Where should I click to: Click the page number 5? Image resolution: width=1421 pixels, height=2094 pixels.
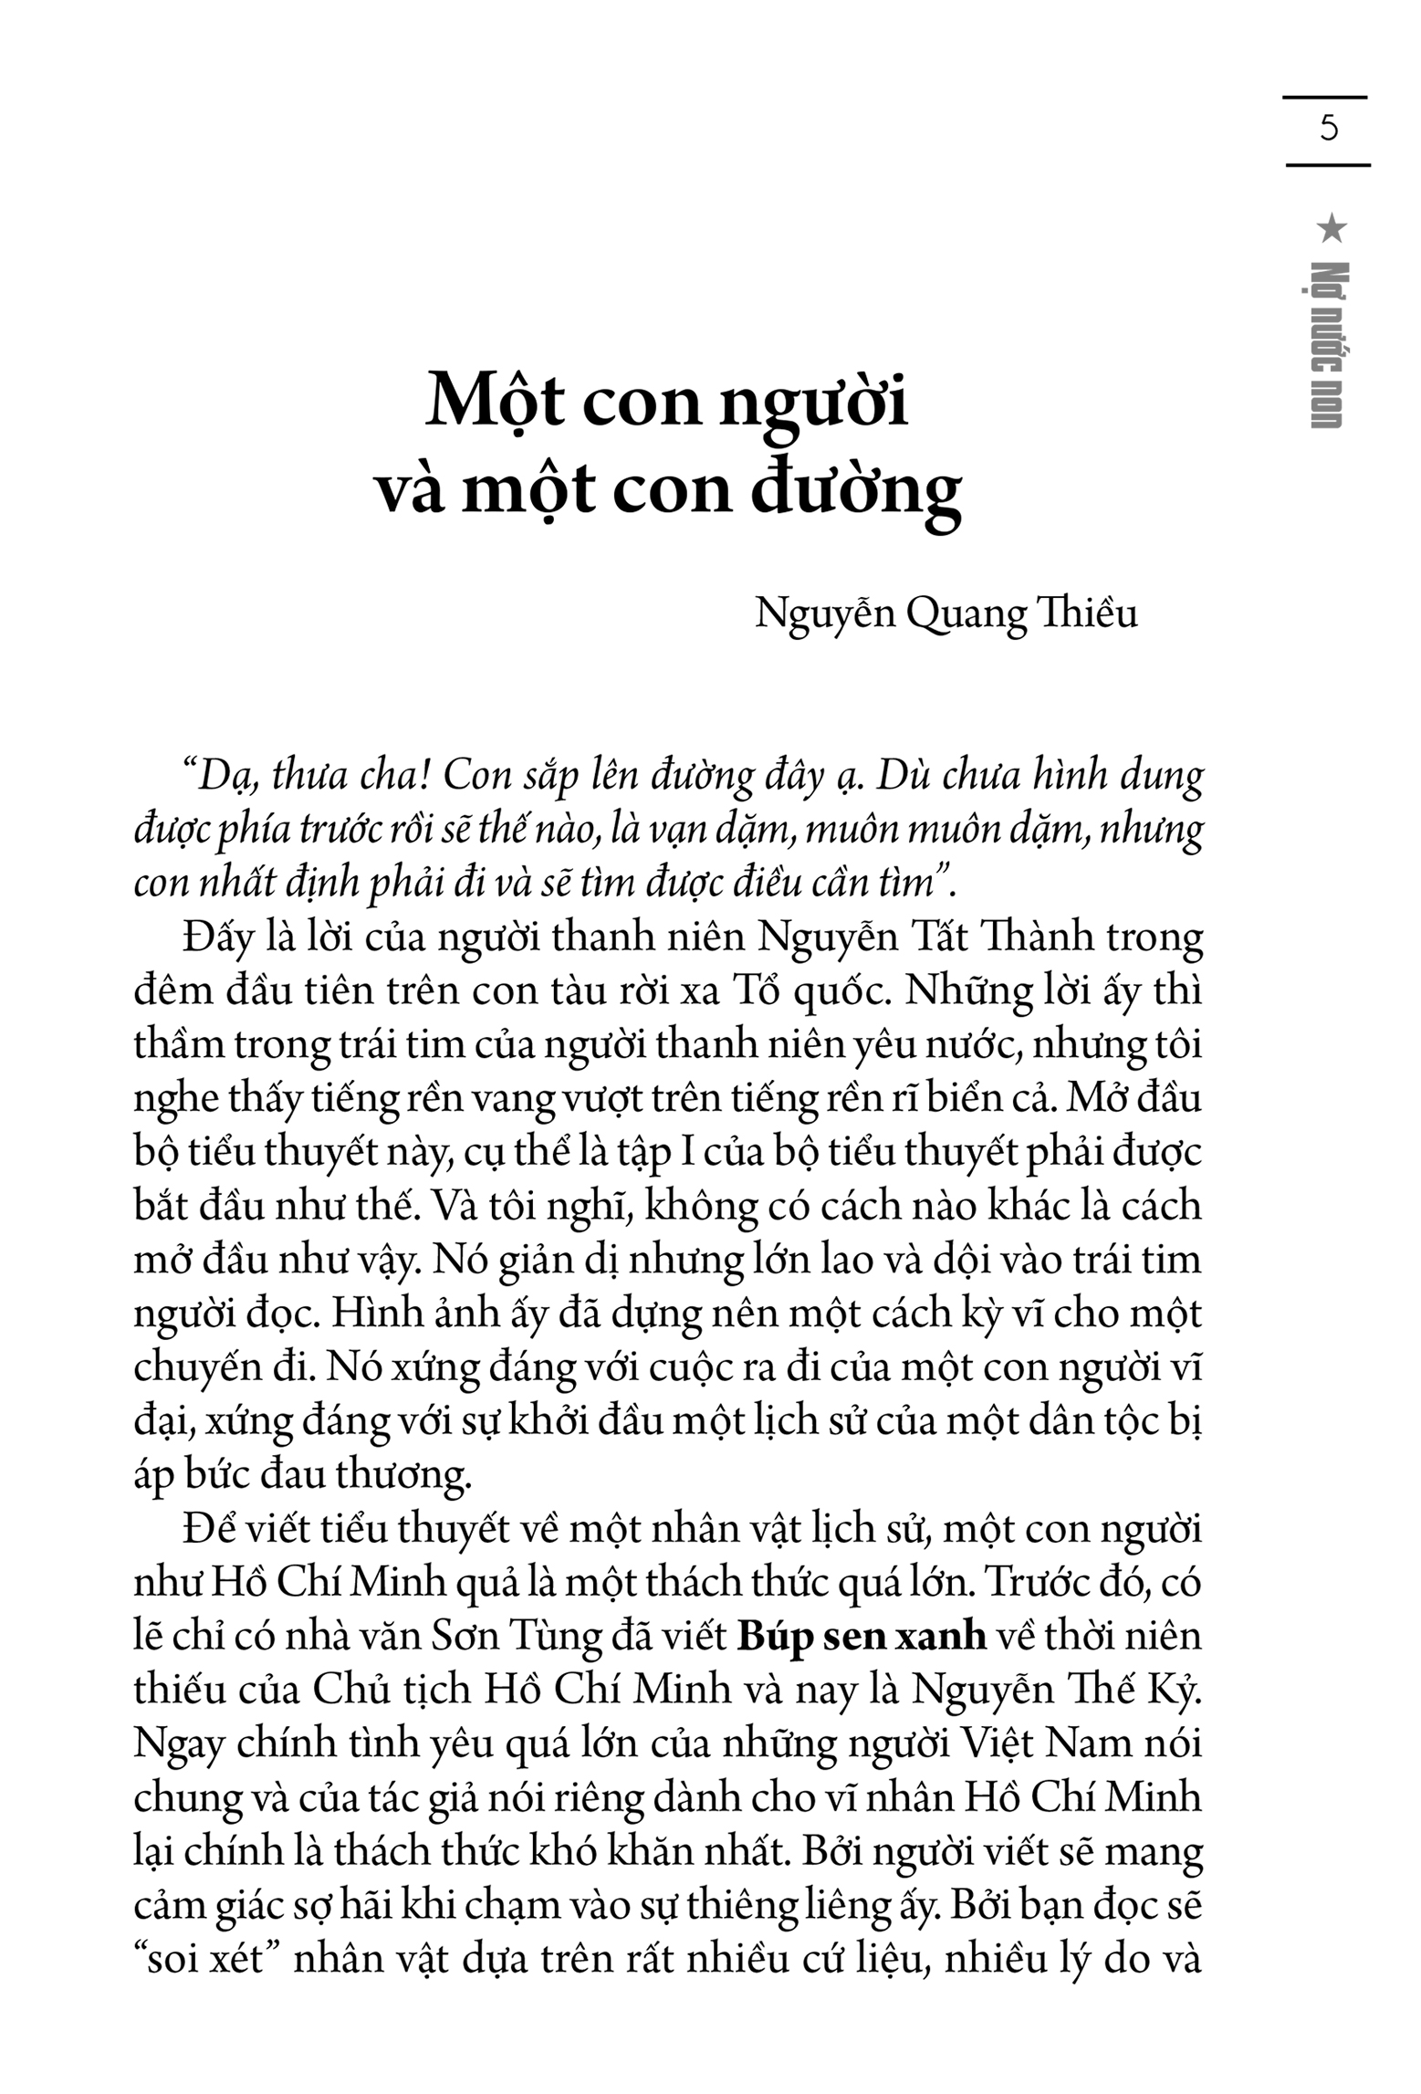click(1328, 128)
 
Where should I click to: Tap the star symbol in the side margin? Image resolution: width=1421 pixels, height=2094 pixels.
click(1331, 228)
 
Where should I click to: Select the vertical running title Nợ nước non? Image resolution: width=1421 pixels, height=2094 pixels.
click(1329, 345)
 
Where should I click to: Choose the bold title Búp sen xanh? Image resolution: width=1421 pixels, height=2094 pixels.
click(862, 1636)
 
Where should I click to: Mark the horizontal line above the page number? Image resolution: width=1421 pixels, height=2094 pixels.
click(1324, 97)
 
